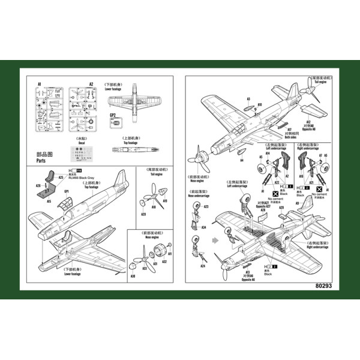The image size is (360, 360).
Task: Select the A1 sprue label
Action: tap(39, 85)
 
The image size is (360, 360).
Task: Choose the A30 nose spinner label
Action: tap(133, 276)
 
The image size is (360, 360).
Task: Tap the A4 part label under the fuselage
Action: tap(241, 160)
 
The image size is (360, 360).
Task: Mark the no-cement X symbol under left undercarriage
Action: tap(275, 193)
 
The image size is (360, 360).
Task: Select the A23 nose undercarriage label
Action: tap(206, 207)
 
